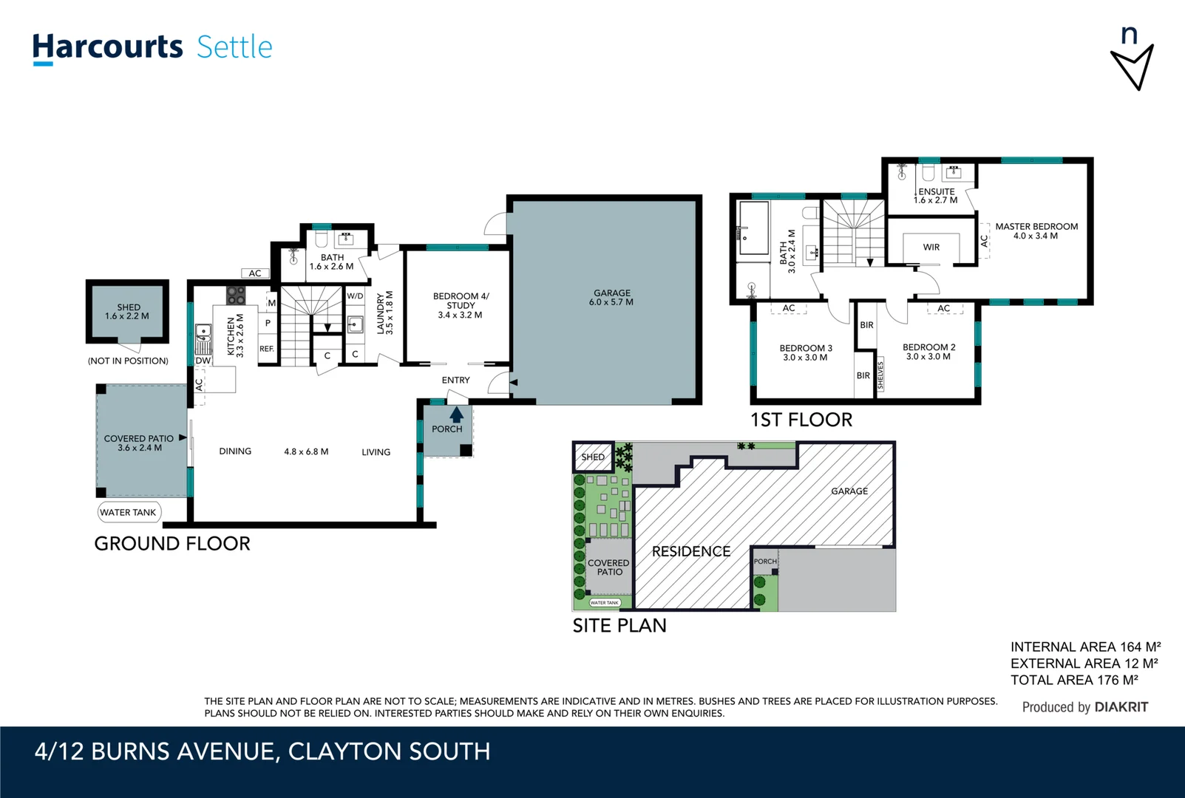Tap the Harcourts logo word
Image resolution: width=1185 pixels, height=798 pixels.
(x=107, y=47)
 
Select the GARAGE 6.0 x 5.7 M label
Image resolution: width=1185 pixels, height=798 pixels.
(x=611, y=298)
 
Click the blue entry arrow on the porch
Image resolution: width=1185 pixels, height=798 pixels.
(x=457, y=415)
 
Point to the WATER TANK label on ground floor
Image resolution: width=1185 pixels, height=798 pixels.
(x=129, y=512)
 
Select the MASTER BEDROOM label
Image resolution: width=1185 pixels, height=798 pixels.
(x=1036, y=231)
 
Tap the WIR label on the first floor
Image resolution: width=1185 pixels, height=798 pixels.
(x=931, y=248)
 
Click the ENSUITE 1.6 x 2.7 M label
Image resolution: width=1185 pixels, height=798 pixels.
(x=936, y=196)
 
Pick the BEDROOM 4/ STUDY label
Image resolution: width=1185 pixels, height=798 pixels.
(x=461, y=305)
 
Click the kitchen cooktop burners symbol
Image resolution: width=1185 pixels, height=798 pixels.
(x=235, y=296)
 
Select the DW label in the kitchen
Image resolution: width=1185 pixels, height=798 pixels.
(x=203, y=361)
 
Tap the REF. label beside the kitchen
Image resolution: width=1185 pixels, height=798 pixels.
(x=267, y=349)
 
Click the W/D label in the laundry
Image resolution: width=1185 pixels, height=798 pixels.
(x=355, y=296)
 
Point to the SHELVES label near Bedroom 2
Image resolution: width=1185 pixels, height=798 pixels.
(x=880, y=375)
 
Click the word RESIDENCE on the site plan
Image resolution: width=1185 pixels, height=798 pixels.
(x=690, y=551)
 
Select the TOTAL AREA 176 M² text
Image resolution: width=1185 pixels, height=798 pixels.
(x=1073, y=680)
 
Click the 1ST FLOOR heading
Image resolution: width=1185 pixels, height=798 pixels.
(x=801, y=420)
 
